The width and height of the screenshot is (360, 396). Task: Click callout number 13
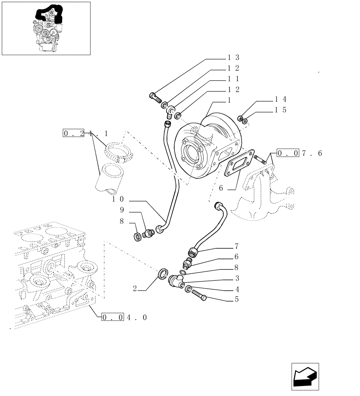233,58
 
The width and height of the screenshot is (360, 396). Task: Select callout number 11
233,79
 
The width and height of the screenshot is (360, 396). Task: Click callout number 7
237,246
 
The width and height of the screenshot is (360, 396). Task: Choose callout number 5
237,300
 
